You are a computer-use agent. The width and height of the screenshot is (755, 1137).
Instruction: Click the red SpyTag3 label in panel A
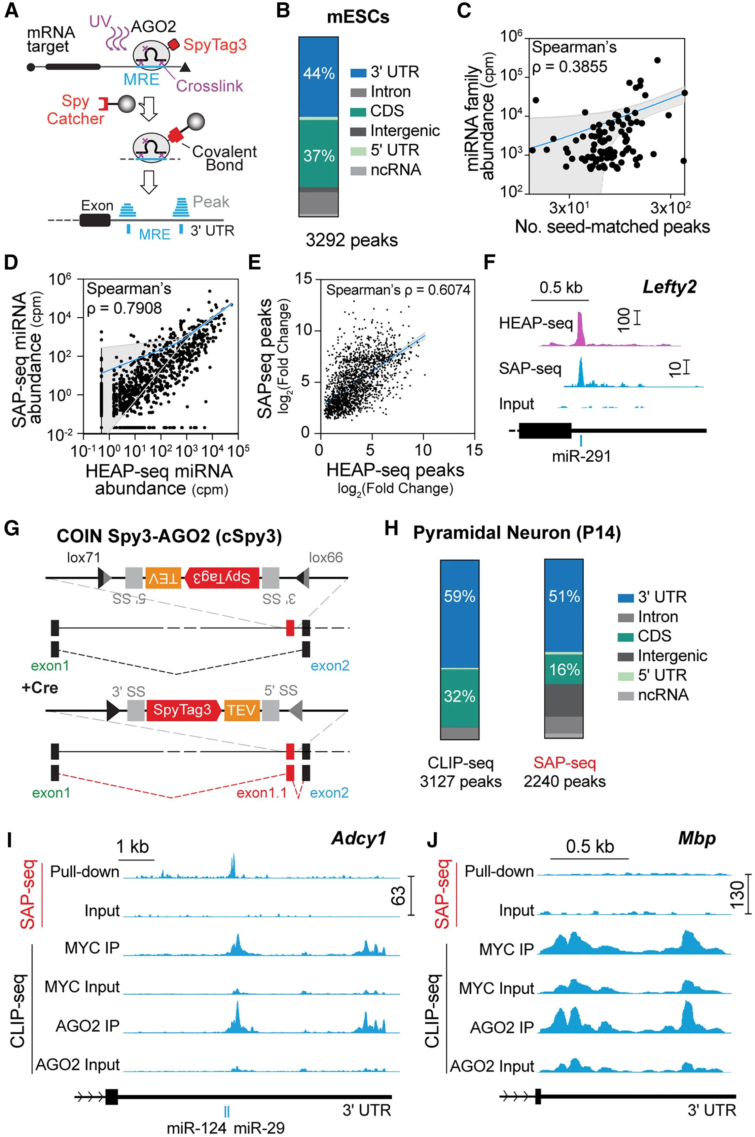pos(215,45)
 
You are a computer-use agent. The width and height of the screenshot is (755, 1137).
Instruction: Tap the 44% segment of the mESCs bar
pos(319,74)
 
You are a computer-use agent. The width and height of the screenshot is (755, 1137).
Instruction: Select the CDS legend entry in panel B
pos(387,111)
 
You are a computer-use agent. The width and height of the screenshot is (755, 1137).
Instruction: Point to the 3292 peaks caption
pos(352,240)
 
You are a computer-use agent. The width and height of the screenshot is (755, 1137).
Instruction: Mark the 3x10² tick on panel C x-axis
pos(670,208)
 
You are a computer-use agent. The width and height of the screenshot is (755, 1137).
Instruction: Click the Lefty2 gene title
pos(669,287)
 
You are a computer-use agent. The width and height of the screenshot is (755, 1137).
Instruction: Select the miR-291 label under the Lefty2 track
pos(581,456)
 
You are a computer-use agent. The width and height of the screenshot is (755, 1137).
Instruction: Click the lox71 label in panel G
pos(83,558)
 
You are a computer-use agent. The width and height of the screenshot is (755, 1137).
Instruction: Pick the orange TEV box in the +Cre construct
pos(242,710)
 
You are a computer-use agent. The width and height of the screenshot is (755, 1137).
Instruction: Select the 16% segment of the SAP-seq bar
pos(564,669)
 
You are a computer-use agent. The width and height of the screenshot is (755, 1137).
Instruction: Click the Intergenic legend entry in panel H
pos(672,656)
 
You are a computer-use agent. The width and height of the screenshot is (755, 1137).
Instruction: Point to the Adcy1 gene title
pos(359,839)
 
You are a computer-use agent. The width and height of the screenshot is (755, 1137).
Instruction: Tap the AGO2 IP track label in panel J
pos(502,1028)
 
